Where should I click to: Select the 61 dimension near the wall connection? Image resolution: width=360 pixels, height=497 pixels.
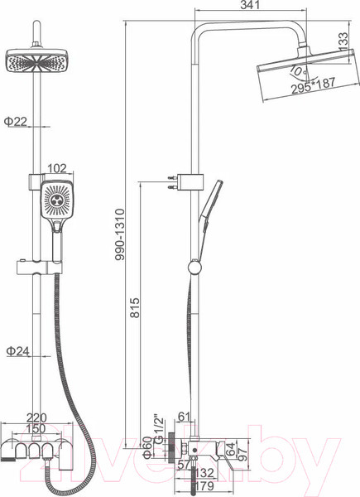point(185,417)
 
